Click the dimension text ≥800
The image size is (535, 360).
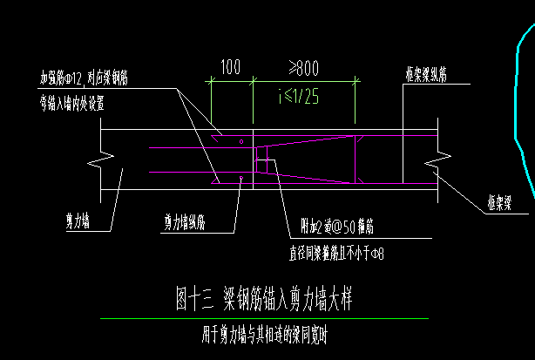click(x=303, y=67)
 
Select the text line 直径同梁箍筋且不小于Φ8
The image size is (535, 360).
click(x=336, y=255)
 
